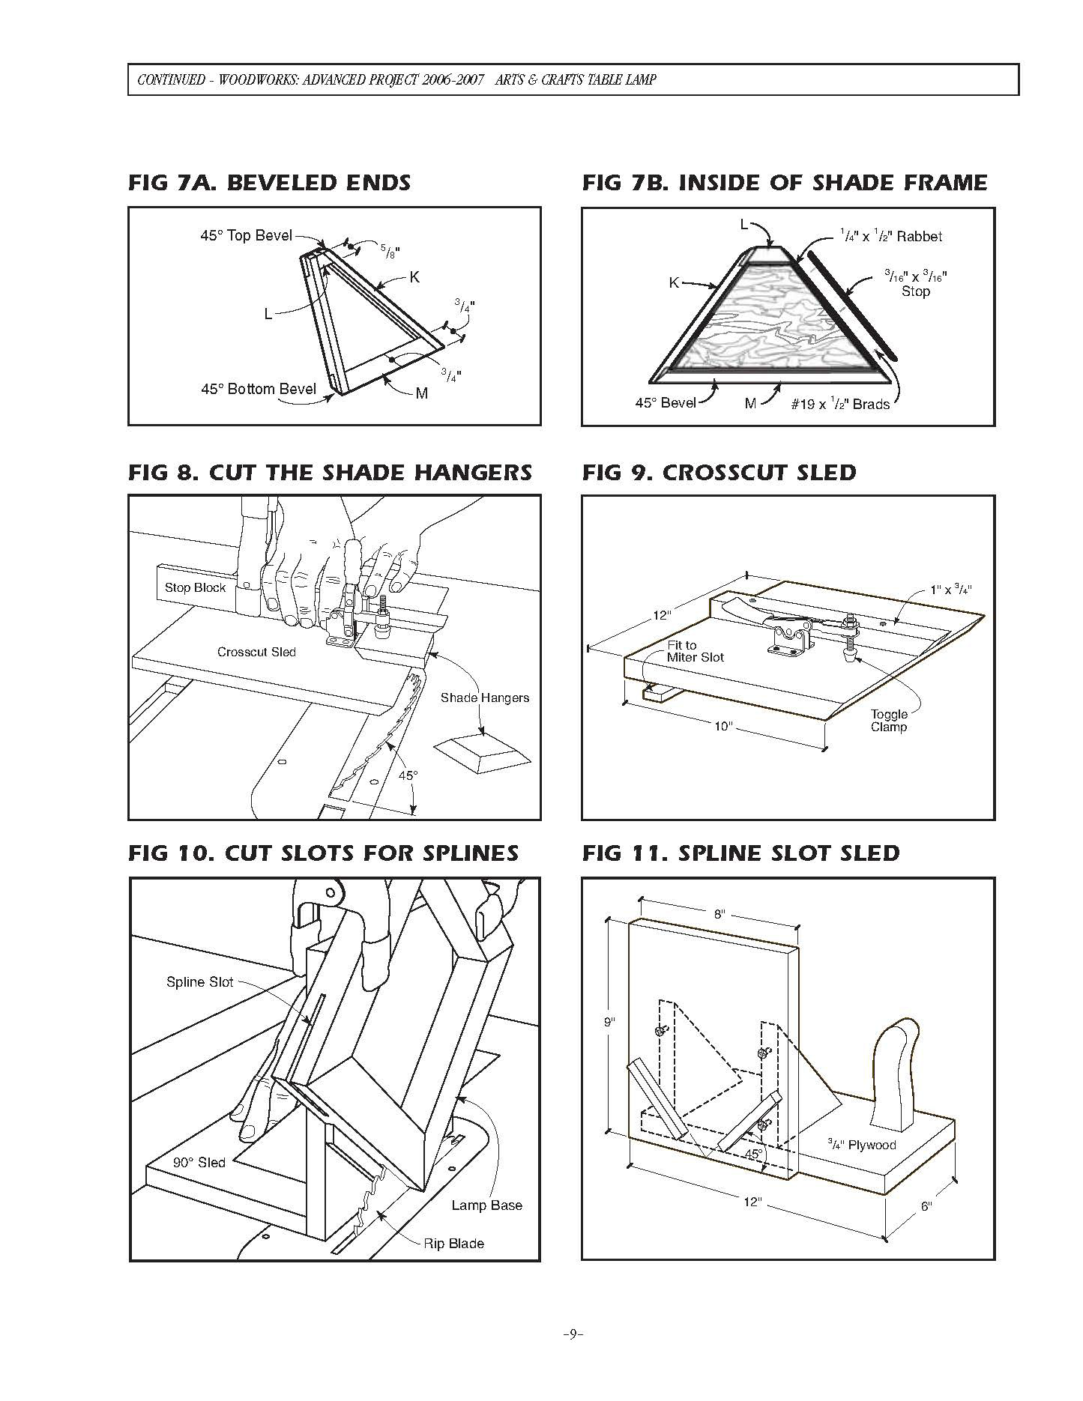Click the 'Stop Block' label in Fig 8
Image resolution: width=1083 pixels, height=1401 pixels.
(195, 587)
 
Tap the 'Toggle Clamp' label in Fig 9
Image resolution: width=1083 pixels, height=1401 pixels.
(888, 720)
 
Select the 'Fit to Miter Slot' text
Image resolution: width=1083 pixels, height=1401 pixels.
(695, 650)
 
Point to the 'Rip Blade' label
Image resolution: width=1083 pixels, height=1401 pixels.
(453, 1244)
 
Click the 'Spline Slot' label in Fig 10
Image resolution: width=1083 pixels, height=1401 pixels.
(199, 982)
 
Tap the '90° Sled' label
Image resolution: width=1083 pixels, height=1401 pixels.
(199, 1163)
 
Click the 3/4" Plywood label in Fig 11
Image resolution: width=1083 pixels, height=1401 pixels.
(861, 1145)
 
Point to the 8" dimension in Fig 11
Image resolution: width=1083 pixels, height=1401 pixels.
(719, 914)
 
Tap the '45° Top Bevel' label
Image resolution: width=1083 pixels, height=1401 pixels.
(246, 235)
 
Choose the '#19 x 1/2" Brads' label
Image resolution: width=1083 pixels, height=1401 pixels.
(839, 405)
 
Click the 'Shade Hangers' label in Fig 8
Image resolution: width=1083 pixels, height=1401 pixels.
(484, 698)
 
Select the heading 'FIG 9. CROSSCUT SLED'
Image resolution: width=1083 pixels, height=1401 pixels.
(719, 473)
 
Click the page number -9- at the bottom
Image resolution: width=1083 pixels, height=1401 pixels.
(573, 1334)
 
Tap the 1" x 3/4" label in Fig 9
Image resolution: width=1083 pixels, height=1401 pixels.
(950, 590)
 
